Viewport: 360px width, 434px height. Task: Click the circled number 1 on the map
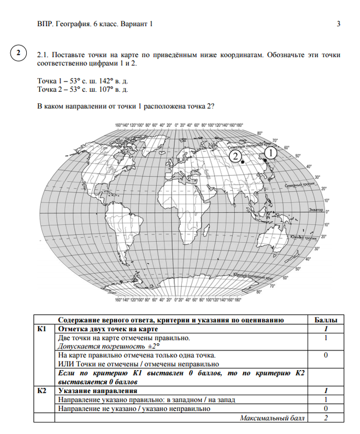271,153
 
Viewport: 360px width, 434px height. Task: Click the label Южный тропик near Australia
301,236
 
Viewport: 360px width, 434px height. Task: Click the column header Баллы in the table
326,320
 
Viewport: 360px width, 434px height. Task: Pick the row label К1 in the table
42,329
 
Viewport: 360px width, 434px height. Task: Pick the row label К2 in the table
42,391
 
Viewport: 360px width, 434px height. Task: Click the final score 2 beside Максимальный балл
326,418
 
